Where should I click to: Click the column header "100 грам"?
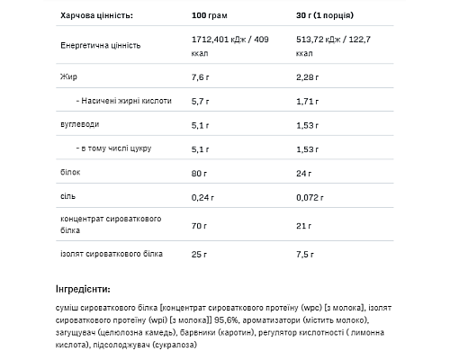[x=209, y=15]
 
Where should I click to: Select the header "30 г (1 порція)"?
[x=325, y=15]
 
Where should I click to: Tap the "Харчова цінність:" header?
[x=96, y=15]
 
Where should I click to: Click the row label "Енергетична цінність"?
[x=101, y=46]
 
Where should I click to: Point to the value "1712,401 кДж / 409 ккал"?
[x=230, y=46]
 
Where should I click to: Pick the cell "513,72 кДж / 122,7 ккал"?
[x=333, y=46]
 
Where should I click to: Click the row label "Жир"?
[x=68, y=76]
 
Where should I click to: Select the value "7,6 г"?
[x=201, y=77]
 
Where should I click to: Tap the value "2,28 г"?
[x=308, y=77]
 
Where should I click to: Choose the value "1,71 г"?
[x=308, y=102]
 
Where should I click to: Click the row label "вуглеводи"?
[x=80, y=124]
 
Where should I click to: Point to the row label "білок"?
[x=70, y=172]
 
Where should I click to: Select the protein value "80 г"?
[x=199, y=174]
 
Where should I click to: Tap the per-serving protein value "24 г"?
[x=303, y=174]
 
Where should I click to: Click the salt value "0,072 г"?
[x=310, y=197]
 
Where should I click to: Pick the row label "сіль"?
[x=67, y=196]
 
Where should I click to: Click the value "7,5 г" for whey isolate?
[x=305, y=255]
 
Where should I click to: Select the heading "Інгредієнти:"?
[x=83, y=289]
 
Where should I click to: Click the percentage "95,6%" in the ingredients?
[x=227, y=320]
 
